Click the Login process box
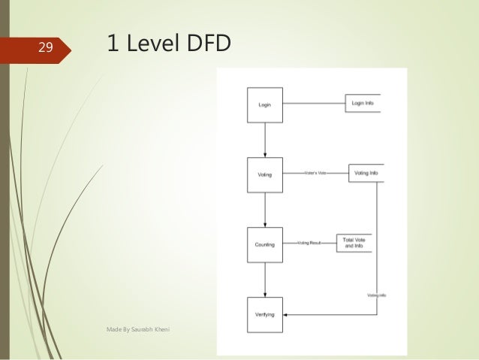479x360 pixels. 264,104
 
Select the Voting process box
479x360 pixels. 264,174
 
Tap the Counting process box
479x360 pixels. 264,244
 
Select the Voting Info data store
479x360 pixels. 366,173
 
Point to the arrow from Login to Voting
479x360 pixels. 265,139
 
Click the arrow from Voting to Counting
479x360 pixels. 265,209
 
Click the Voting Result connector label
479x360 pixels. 309,244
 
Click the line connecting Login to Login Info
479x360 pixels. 313,104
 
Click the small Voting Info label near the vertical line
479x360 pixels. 377,295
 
